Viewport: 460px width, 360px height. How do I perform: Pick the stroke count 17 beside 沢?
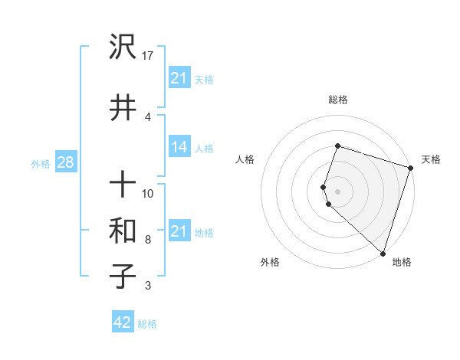click(149, 56)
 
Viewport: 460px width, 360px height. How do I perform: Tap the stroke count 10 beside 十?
click(149, 194)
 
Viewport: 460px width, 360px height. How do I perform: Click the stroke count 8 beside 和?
click(148, 240)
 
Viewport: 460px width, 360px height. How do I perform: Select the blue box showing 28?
click(64, 162)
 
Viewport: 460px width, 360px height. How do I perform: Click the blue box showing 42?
click(123, 322)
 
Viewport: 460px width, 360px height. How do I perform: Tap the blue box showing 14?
click(179, 147)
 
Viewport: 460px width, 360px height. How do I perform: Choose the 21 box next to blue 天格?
click(179, 78)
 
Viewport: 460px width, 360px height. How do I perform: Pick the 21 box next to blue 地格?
click(179, 231)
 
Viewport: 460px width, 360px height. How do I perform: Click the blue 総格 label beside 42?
click(147, 324)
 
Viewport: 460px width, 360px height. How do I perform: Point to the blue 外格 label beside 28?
click(41, 163)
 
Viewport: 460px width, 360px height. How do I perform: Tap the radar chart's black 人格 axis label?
click(245, 159)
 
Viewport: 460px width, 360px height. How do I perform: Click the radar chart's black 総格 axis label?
click(338, 100)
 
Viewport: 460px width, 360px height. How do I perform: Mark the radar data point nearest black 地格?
click(383, 253)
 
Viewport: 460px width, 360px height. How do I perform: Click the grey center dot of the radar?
click(338, 190)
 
